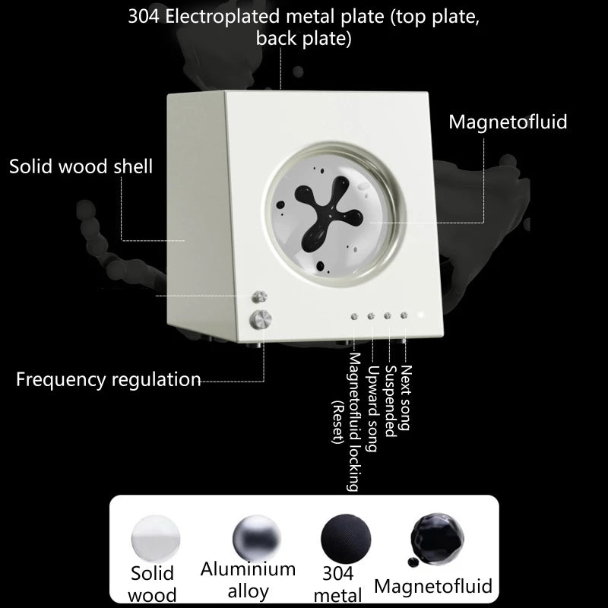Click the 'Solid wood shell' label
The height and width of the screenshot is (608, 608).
(81, 166)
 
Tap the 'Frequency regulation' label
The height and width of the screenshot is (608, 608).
(109, 379)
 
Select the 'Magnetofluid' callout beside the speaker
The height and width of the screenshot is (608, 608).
(508, 122)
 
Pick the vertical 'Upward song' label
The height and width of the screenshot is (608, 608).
(372, 409)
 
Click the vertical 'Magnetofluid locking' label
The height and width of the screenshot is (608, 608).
(355, 423)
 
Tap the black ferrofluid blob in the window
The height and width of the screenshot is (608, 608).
(318, 215)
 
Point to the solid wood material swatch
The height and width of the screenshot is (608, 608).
(153, 537)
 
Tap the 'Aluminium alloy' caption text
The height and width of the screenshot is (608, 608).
(248, 580)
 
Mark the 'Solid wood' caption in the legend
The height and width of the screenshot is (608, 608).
(153, 584)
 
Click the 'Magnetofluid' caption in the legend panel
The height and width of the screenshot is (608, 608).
(433, 585)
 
